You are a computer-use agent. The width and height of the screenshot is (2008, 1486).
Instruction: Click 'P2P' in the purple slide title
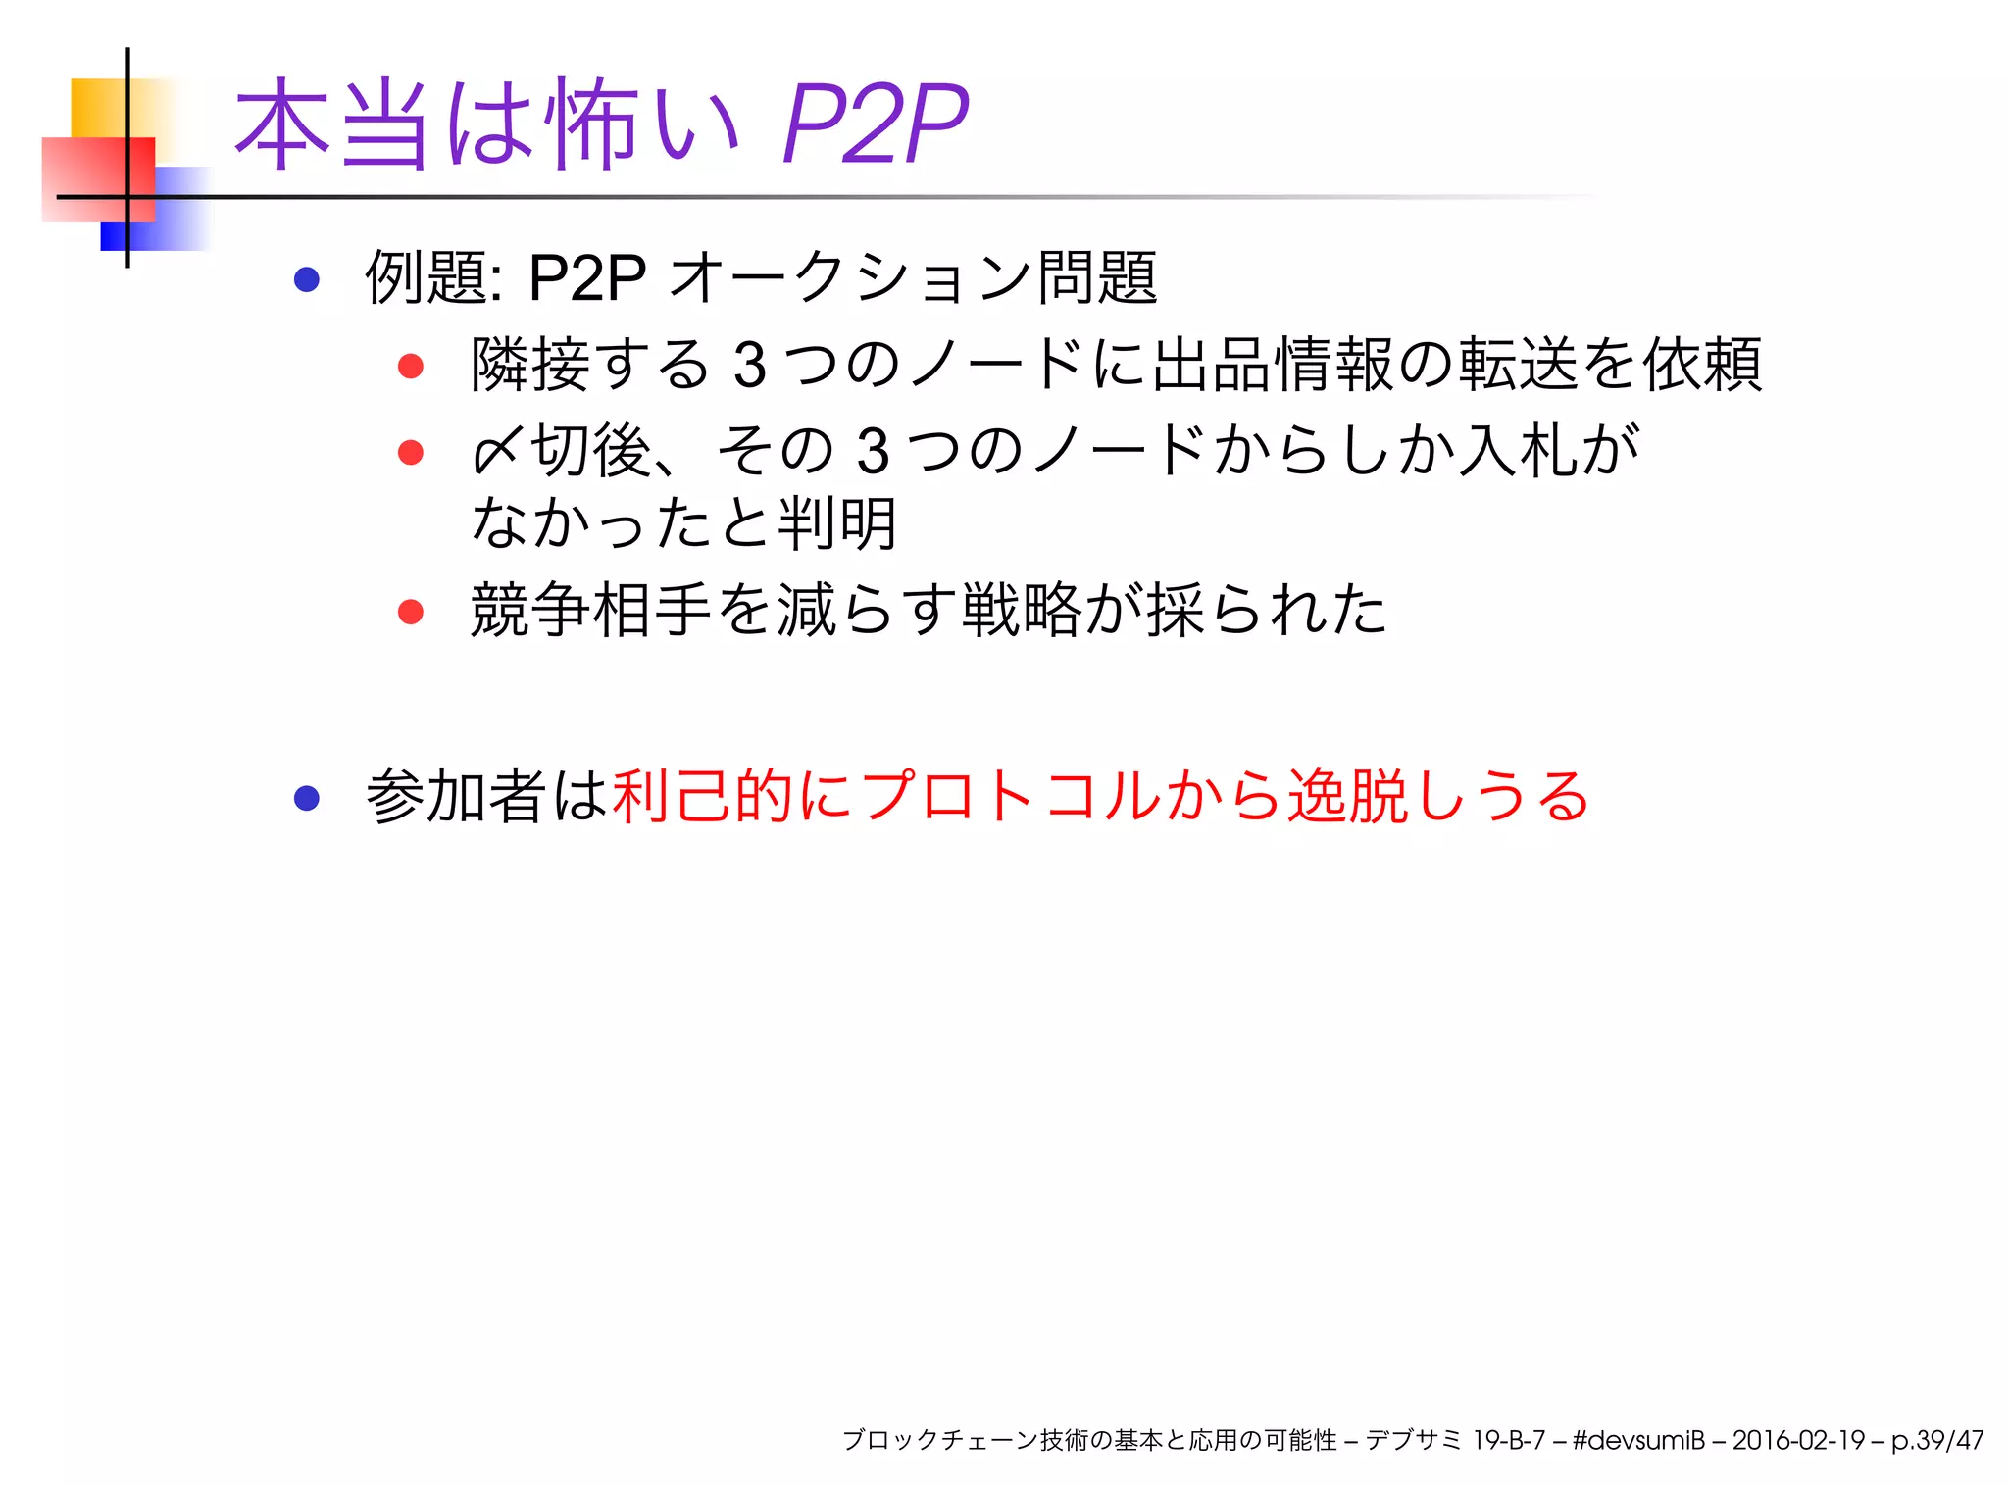tap(874, 124)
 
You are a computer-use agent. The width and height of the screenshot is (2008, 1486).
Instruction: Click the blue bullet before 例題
tap(307, 279)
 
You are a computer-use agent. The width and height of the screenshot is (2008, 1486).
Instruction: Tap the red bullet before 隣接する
tap(410, 366)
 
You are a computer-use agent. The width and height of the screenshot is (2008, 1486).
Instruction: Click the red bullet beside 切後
tap(410, 452)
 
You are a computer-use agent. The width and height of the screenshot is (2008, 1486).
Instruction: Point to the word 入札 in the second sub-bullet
tap(1518, 451)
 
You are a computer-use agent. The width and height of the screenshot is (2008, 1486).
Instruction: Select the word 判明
tap(836, 523)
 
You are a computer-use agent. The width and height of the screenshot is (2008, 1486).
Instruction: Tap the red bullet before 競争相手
tap(410, 612)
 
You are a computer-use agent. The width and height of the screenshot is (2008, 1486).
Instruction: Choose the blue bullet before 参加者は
tap(307, 797)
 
